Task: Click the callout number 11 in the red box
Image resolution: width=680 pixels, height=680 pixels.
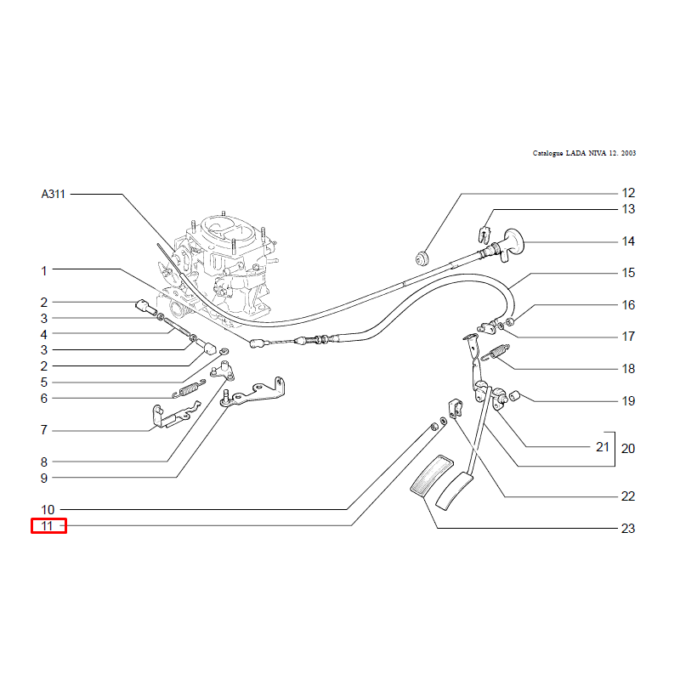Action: (x=47, y=526)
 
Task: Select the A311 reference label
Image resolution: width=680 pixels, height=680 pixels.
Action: (x=53, y=194)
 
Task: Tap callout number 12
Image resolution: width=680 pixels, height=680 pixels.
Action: (x=628, y=193)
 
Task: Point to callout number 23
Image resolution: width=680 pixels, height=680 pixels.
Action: (x=628, y=528)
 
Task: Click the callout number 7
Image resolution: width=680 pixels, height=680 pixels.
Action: (x=44, y=430)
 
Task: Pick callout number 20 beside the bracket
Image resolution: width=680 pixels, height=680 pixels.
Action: (x=628, y=449)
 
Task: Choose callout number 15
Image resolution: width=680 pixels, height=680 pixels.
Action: (x=628, y=273)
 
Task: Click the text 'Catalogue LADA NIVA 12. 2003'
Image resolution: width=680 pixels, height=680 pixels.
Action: (x=584, y=153)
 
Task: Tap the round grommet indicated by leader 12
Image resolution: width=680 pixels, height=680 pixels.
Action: (x=422, y=258)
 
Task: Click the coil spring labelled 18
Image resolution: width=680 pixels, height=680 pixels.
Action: (x=496, y=352)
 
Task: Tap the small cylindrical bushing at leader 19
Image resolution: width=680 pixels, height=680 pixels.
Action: (x=514, y=396)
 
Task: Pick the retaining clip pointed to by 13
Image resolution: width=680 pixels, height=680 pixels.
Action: (x=484, y=235)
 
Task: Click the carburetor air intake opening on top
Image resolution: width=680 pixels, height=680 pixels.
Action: (x=224, y=229)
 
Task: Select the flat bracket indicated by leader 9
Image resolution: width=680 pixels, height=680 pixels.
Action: (x=253, y=393)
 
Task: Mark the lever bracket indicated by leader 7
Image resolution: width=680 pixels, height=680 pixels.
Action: (x=173, y=416)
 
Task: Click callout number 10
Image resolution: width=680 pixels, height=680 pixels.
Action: (x=48, y=510)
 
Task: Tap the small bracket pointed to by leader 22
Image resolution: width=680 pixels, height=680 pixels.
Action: (x=455, y=409)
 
